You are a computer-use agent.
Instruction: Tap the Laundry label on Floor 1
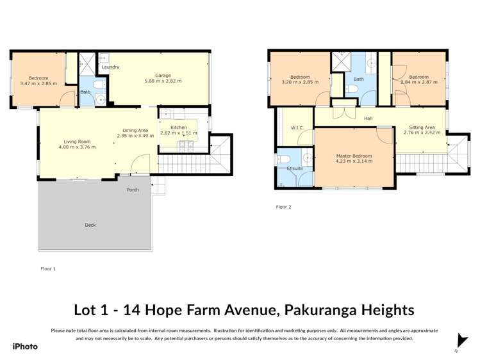(x=110, y=67)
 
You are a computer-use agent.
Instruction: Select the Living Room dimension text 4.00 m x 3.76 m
(x=76, y=147)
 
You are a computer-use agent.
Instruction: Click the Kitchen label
(x=179, y=127)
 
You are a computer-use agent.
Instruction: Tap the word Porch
(x=133, y=190)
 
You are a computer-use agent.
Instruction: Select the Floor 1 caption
(x=48, y=268)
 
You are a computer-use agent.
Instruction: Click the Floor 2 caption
(x=283, y=207)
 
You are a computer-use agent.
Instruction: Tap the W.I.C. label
(x=297, y=127)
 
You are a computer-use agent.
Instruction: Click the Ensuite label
(x=295, y=168)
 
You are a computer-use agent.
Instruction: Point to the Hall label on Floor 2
(x=368, y=118)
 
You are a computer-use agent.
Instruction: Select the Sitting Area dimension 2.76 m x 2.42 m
(x=421, y=133)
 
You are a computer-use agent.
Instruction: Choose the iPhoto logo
(x=25, y=347)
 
